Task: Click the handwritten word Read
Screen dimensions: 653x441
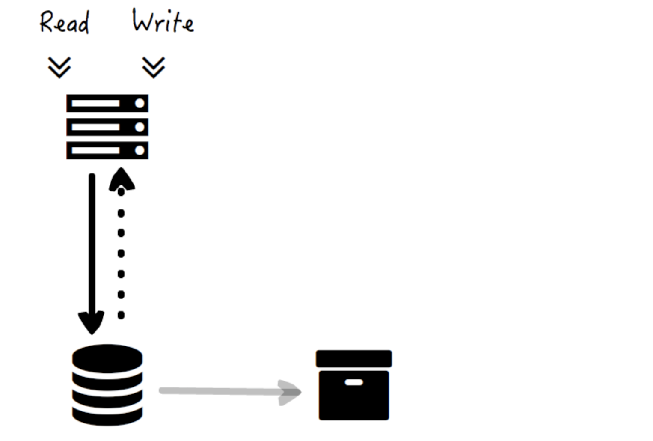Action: pos(65,22)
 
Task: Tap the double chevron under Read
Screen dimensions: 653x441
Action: pos(59,68)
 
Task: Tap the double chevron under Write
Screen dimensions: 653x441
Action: pos(154,68)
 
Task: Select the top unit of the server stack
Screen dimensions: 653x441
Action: pos(107,103)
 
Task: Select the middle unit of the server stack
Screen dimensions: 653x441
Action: pos(107,127)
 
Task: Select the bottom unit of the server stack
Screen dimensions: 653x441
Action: pos(107,150)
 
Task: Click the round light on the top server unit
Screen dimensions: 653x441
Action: pos(140,103)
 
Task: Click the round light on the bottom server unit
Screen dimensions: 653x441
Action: pos(140,150)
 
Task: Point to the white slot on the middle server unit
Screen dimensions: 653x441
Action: pos(95,127)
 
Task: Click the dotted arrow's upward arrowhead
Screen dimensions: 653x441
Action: pos(122,180)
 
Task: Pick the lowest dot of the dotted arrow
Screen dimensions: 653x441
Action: pos(121,315)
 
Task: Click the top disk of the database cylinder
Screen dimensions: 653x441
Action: pos(107,358)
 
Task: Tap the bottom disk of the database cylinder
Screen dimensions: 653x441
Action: pos(107,416)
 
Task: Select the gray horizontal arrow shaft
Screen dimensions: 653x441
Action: pos(222,391)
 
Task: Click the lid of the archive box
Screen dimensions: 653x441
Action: pos(353,358)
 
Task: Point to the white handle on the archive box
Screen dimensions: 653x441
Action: pos(354,382)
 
